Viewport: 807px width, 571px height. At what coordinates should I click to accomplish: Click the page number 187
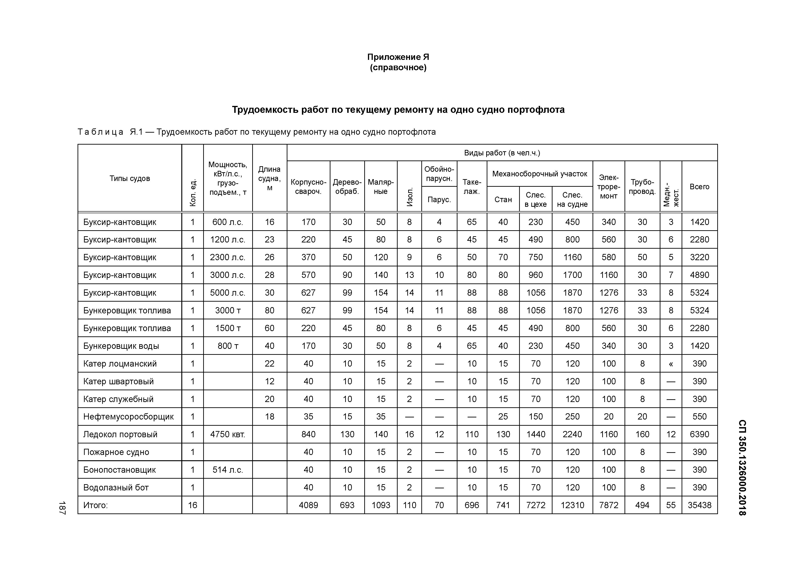(62, 508)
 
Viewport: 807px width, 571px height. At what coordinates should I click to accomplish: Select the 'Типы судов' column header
(130, 178)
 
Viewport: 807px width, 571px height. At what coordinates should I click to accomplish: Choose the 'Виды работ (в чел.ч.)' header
(502, 153)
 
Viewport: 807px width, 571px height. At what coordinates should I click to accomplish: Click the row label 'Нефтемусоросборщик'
(128, 417)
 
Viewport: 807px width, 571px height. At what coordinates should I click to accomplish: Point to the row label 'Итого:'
(95, 505)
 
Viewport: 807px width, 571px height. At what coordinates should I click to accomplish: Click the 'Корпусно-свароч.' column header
(308, 187)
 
